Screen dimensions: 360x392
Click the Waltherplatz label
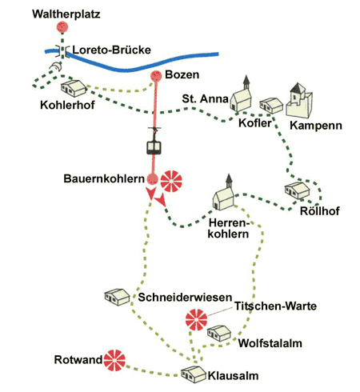click(x=66, y=14)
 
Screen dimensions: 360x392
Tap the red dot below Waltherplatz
click(x=62, y=27)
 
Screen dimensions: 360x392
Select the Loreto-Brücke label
click(x=112, y=50)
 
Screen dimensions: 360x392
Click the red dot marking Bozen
click(x=156, y=76)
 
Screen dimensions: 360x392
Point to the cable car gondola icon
click(x=154, y=142)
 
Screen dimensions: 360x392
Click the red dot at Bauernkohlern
click(x=153, y=178)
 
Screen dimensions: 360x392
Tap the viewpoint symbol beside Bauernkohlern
click(x=171, y=182)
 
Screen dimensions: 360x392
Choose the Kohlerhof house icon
click(x=74, y=88)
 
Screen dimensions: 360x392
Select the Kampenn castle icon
click(x=299, y=101)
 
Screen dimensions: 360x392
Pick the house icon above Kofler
click(x=271, y=106)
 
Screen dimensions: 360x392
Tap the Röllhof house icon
click(x=297, y=190)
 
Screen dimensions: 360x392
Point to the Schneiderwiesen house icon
click(x=117, y=297)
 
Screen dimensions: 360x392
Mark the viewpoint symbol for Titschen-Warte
click(x=196, y=320)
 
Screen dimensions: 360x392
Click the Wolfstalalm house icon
click(x=219, y=333)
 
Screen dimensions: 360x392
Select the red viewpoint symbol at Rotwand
click(x=114, y=360)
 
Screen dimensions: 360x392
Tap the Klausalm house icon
click(x=194, y=374)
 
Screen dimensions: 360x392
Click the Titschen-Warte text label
click(x=275, y=306)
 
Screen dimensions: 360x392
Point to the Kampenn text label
click(x=316, y=126)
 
